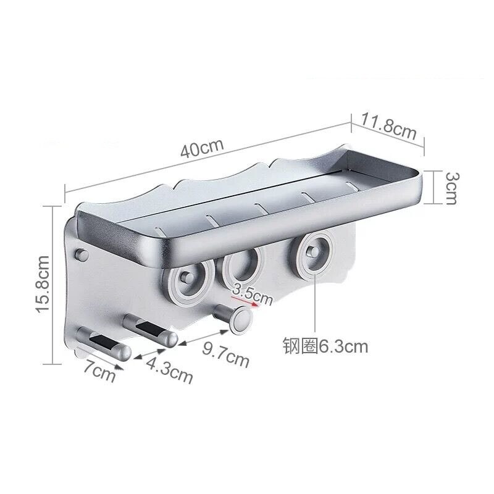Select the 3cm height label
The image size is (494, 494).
point(452,188)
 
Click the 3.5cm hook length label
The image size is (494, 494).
point(251,294)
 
